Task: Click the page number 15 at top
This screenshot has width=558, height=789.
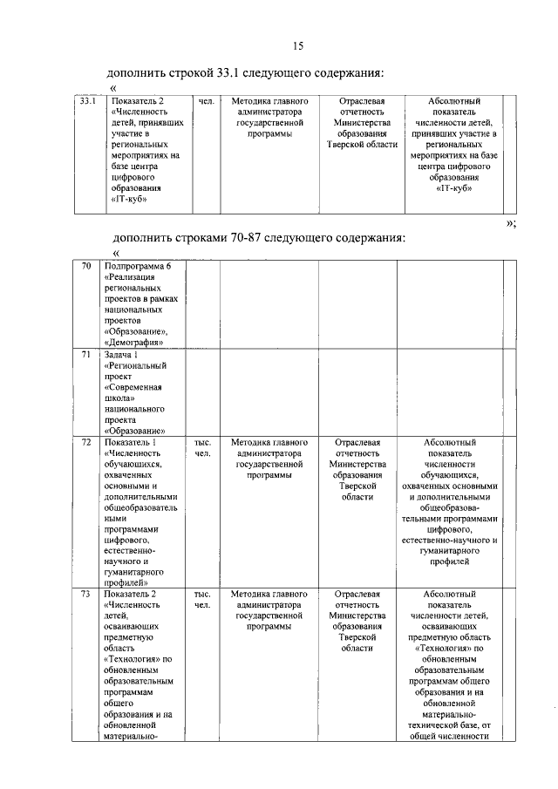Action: point(298,46)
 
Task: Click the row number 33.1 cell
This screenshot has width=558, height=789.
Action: point(86,102)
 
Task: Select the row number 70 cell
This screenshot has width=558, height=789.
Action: point(86,267)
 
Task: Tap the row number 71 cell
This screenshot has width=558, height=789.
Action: point(86,355)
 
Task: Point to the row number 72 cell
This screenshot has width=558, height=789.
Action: point(86,443)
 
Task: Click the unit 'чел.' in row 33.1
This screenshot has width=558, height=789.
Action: point(206,102)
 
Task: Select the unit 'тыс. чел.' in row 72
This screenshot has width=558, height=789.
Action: point(202,448)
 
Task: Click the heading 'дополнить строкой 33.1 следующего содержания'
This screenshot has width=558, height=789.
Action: point(245,71)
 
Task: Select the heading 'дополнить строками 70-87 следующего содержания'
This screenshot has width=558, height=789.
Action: point(258,237)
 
